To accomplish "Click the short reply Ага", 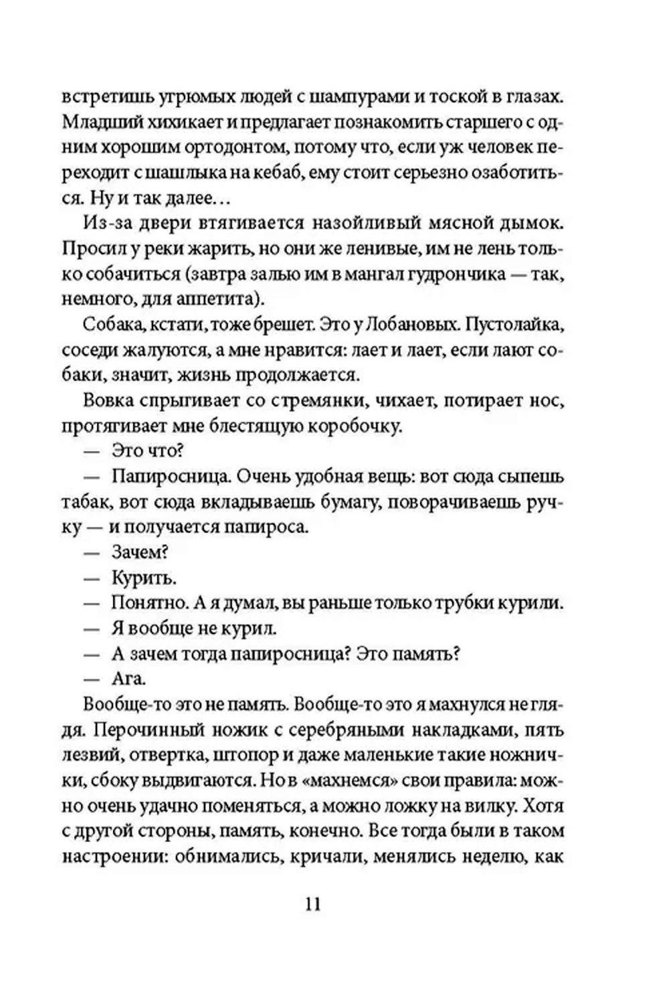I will (128, 679).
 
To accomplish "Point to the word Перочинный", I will (151, 730).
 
